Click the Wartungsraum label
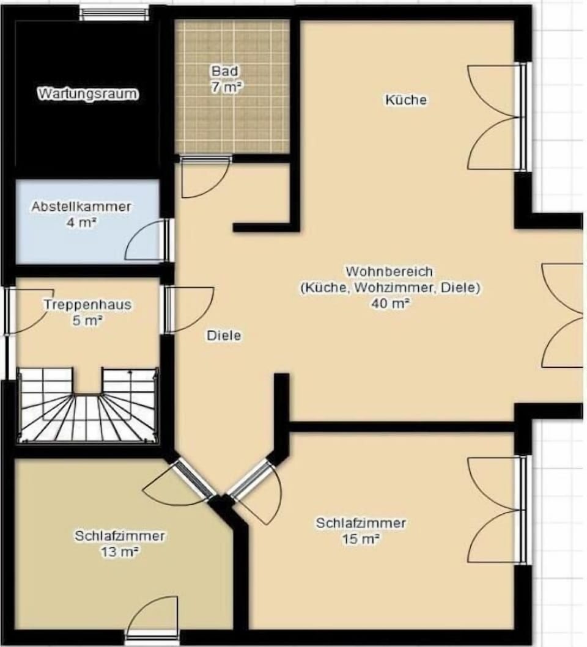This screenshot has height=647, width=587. [x=88, y=93]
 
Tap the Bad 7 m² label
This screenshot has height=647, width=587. [x=226, y=79]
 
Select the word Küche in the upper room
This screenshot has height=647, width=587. [x=405, y=100]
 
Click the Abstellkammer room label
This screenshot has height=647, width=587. [x=81, y=207]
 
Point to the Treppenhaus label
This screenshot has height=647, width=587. [x=87, y=304]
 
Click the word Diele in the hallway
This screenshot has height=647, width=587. [x=223, y=335]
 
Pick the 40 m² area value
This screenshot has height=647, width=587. [x=390, y=304]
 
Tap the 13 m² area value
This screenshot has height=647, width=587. [x=119, y=552]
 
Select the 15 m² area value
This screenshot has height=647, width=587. [x=361, y=539]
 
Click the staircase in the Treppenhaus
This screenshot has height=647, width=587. [x=87, y=405]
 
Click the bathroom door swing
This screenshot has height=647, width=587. [x=205, y=177]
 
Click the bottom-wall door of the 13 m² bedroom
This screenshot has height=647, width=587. [x=152, y=619]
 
